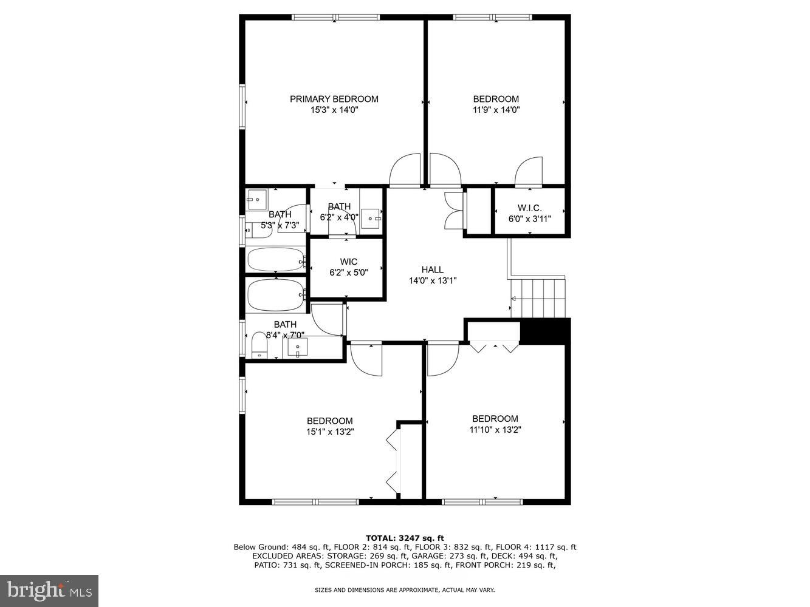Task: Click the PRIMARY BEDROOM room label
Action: click(x=334, y=99)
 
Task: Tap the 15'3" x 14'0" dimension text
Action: click(x=334, y=110)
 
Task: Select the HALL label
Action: click(x=432, y=270)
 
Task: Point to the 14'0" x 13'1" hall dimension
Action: click(x=432, y=280)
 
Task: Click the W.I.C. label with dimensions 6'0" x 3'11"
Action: click(x=529, y=208)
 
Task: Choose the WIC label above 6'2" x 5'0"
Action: click(x=348, y=262)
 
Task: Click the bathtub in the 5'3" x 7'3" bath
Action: click(x=275, y=260)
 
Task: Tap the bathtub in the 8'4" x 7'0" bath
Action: click(x=275, y=296)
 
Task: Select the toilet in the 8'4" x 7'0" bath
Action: click(x=259, y=345)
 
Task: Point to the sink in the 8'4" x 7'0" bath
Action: click(x=298, y=348)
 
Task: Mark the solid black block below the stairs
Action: click(x=545, y=331)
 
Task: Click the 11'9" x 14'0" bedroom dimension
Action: click(x=496, y=110)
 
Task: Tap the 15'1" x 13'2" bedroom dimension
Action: click(x=329, y=432)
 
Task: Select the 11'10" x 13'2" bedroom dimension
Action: click(x=495, y=430)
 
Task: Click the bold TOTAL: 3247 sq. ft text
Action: click(x=405, y=538)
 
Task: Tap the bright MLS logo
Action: click(x=49, y=591)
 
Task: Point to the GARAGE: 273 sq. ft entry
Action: click(x=449, y=556)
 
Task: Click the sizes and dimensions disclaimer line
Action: click(x=405, y=589)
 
